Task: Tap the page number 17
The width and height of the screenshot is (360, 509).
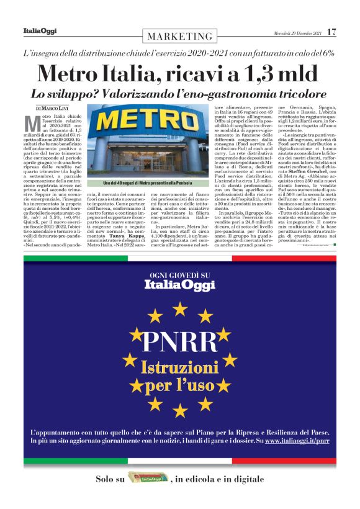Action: pos(332,31)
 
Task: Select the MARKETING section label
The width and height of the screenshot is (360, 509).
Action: pos(180,36)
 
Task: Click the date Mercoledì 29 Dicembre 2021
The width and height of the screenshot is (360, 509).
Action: pos(297,32)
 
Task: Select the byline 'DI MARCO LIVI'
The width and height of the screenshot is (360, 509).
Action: pos(53,109)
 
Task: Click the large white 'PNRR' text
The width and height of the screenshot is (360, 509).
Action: pos(179,342)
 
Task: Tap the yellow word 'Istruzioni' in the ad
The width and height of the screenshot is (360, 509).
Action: pos(179,367)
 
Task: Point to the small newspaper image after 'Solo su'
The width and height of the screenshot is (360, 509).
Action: pos(148,479)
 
